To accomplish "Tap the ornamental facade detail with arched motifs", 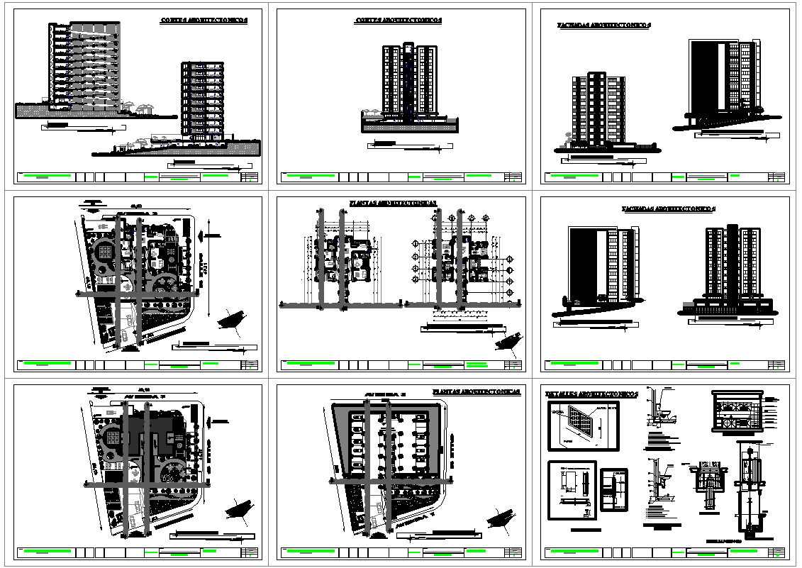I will pyautogui.click(x=737, y=411).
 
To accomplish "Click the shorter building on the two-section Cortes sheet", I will pyautogui.click(x=203, y=99).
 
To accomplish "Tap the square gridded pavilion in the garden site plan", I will pyautogui.click(x=104, y=252).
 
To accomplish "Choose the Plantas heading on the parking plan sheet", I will pyautogui.click(x=477, y=391).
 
